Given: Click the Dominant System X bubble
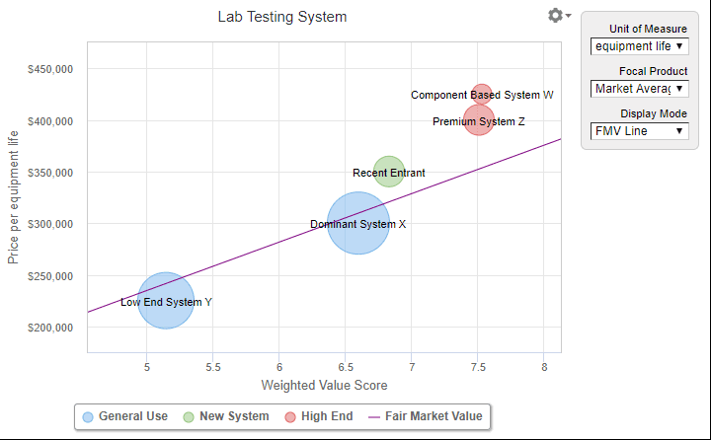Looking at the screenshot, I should pyautogui.click(x=357, y=224).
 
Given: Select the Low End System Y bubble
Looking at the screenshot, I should pyautogui.click(x=166, y=302).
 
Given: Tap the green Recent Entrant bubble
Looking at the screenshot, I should pyautogui.click(x=389, y=173).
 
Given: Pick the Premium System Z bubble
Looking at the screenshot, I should pyautogui.click(x=479, y=121).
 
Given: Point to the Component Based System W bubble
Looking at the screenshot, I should pyautogui.click(x=481, y=95).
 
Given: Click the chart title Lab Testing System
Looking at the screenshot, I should pyautogui.click(x=282, y=17).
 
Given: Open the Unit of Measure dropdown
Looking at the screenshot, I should pyautogui.click(x=640, y=46).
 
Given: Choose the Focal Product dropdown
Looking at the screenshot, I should pyautogui.click(x=640, y=89).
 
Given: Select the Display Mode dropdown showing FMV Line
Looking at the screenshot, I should pyautogui.click(x=640, y=130).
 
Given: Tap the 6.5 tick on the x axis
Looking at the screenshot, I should pyautogui.click(x=345, y=367).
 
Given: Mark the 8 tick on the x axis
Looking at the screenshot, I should pyautogui.click(x=544, y=367).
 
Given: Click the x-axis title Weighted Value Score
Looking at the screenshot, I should pyautogui.click(x=324, y=385).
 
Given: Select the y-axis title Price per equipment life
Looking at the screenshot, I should pyautogui.click(x=14, y=196).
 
